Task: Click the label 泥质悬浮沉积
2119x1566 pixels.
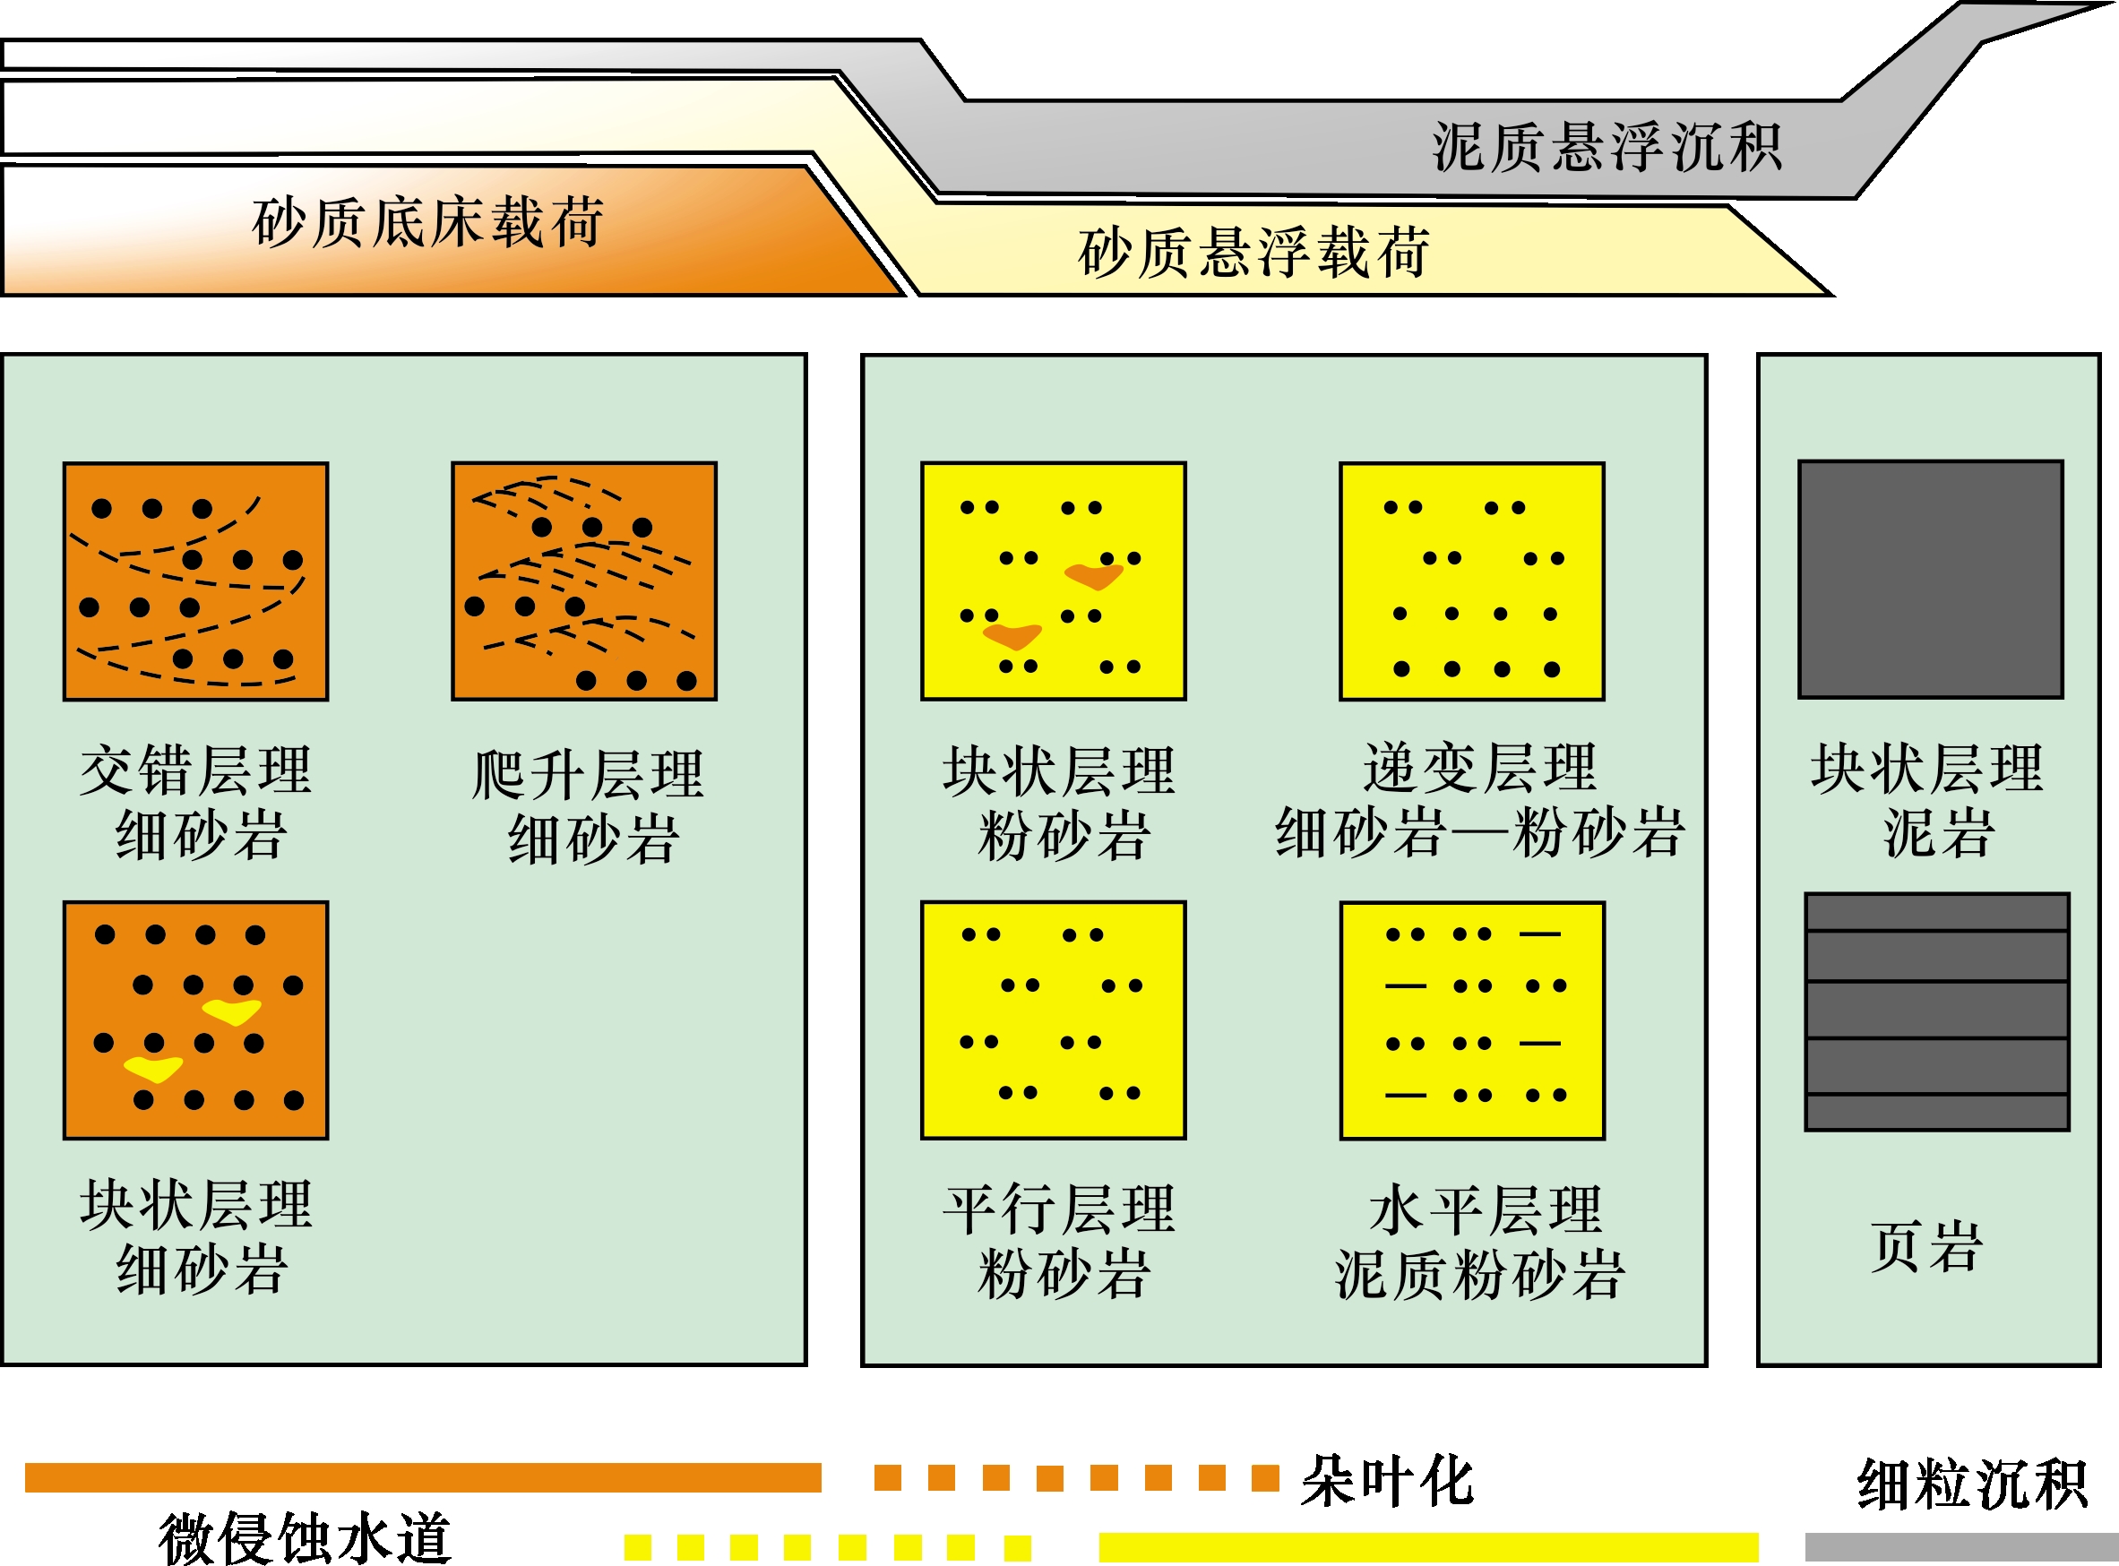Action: (x=1606, y=148)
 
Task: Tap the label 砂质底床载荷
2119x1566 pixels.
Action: (x=427, y=223)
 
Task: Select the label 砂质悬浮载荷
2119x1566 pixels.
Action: (x=1253, y=254)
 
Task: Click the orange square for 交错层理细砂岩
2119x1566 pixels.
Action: (x=196, y=582)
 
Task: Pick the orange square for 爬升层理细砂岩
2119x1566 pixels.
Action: (x=584, y=582)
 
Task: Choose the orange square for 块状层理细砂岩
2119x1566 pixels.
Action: (x=196, y=1021)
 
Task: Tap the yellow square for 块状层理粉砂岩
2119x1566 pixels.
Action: (x=1054, y=582)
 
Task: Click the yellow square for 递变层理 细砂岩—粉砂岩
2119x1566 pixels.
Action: (x=1472, y=582)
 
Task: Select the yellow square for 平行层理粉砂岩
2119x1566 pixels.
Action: (x=1054, y=1021)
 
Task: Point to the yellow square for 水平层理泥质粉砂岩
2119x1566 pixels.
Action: (x=1472, y=1021)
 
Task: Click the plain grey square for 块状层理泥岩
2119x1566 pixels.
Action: (x=1931, y=581)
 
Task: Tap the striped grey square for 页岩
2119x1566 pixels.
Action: (x=1937, y=1012)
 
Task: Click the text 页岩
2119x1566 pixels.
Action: (x=1926, y=1246)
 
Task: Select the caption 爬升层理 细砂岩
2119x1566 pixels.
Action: (x=588, y=806)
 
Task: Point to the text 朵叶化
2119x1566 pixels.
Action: (x=1387, y=1481)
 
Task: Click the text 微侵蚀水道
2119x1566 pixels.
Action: (x=305, y=1537)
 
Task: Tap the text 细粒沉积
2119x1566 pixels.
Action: (x=1972, y=1484)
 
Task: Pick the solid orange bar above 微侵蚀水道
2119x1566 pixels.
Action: (x=423, y=1478)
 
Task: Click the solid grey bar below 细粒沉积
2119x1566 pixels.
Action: (x=1961, y=1547)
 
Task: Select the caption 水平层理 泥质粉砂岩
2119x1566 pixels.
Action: (x=1480, y=1243)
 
